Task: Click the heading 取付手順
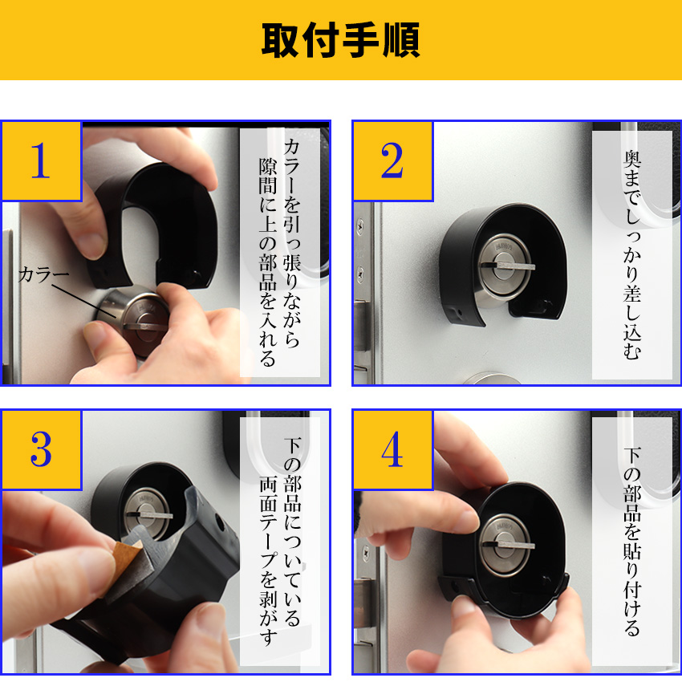pos(340,39)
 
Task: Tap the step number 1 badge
pos(40,160)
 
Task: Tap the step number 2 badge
pos(392,160)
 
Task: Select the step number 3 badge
pos(40,450)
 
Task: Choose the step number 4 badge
pos(392,450)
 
